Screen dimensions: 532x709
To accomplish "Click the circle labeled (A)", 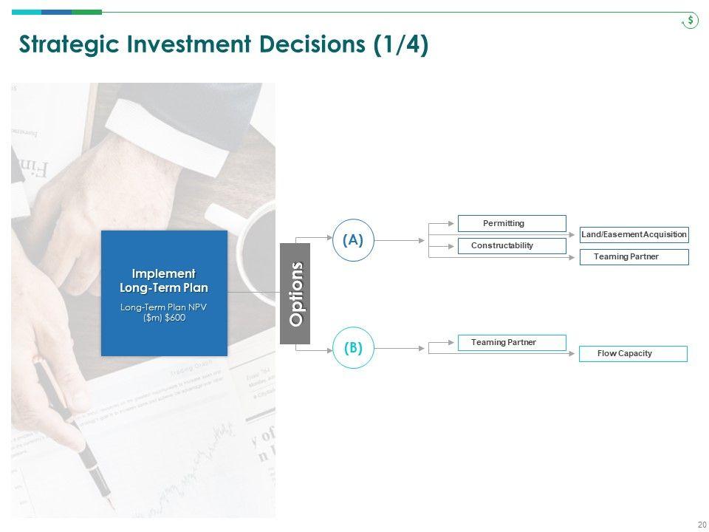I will pos(353,240).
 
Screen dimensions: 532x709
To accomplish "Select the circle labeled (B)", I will pos(353,348).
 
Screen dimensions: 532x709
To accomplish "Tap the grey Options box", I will pos(295,293).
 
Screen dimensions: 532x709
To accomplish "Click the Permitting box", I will pos(511,223).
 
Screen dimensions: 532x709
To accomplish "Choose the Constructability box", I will pos(511,245).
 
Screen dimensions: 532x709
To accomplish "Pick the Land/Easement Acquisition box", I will pos(634,235).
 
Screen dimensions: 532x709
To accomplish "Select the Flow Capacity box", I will pos(632,354).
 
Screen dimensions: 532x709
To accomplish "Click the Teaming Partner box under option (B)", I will pos(511,343).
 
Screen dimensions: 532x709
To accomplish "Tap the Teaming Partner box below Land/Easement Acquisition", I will pos(634,257).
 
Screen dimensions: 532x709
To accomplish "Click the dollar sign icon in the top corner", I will pos(690,21).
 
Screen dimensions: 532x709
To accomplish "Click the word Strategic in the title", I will pos(61,45).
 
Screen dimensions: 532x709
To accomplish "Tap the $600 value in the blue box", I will pos(176,318).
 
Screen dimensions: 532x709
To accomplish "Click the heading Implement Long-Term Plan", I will pos(164,281).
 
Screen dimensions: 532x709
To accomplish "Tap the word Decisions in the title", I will pos(311,45).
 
